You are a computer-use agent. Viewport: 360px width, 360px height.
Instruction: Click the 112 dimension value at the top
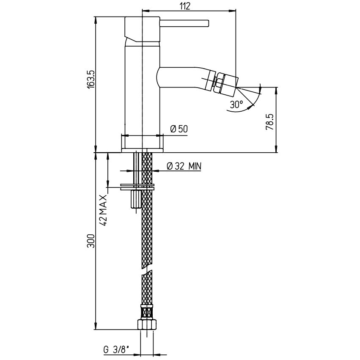pyautogui.click(x=185, y=6)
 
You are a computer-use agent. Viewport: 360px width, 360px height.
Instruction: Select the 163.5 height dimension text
pyautogui.click(x=91, y=79)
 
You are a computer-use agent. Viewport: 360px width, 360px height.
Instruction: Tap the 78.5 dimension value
pyautogui.click(x=269, y=122)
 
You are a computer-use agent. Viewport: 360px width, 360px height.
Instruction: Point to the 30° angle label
pyautogui.click(x=237, y=104)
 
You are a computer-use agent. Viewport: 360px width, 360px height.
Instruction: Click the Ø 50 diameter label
pyautogui.click(x=179, y=129)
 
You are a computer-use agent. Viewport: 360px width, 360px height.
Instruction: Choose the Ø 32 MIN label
pyautogui.click(x=184, y=166)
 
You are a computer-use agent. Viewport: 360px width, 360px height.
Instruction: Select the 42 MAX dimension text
pyautogui.click(x=104, y=210)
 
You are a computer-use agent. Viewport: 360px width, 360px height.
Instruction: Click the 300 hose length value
pyautogui.click(x=91, y=241)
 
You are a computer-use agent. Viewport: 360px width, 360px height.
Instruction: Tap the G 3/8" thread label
pyautogui.click(x=116, y=350)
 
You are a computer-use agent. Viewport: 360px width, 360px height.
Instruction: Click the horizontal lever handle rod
pyautogui.click(x=184, y=24)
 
